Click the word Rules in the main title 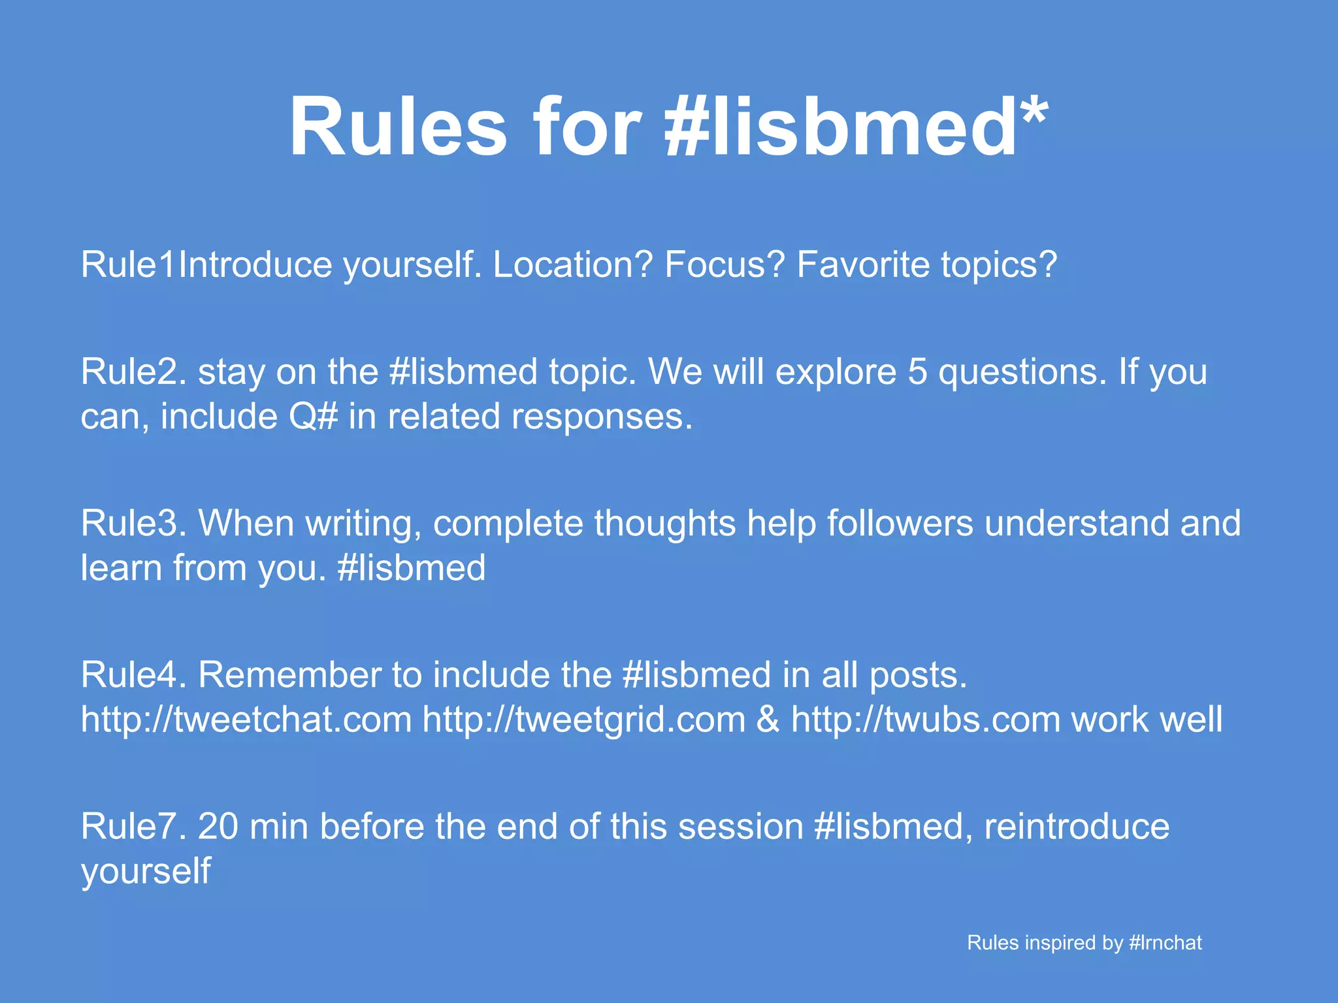point(398,127)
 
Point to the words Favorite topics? point(926,264)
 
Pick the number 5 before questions point(917,372)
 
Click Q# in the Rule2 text point(314,416)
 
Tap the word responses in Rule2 point(601,416)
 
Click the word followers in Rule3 point(900,523)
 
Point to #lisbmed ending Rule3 point(412,567)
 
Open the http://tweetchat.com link point(246,719)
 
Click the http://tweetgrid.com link point(584,719)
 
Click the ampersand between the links point(768,719)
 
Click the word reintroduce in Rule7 point(1077,826)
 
